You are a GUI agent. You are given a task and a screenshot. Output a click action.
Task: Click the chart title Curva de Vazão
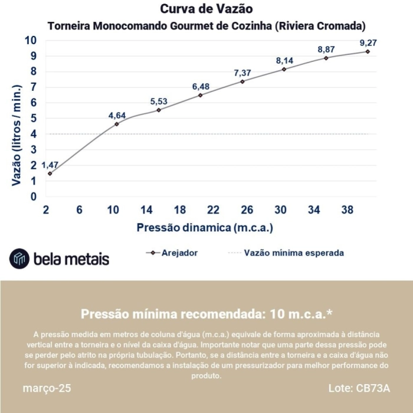pos(206,9)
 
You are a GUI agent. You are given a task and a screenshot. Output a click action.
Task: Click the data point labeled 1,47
pos(50,173)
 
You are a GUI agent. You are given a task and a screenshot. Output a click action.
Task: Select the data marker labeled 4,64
pos(116,124)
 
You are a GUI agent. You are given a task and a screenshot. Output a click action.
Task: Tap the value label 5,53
pos(159,101)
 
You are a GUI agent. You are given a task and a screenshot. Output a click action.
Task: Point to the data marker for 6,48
pos(201,95)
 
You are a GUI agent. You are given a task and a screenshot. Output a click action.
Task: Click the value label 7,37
pos(242,73)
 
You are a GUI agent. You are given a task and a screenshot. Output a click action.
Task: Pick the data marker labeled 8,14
pos(284,69)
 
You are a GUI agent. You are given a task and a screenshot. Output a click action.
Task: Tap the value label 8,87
pos(326,49)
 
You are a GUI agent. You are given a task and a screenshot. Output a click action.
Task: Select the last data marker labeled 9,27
pos(368,51)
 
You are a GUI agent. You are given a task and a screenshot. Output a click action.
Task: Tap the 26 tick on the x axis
pos(247,209)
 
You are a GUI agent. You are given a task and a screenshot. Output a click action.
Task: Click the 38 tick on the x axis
pos(347,209)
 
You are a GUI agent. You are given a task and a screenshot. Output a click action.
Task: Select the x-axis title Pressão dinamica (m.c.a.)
pos(205,227)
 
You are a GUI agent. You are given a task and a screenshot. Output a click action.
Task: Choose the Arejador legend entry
pos(172,253)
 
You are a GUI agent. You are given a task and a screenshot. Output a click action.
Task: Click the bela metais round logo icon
pos(19,258)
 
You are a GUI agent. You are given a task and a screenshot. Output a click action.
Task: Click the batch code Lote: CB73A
pos(359,389)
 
